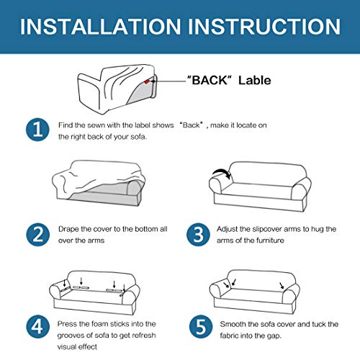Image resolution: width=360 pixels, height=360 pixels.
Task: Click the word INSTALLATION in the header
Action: pos(100,27)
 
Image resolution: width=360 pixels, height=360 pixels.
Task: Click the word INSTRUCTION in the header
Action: pos(264,27)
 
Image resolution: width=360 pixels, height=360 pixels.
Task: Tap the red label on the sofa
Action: pos(147,81)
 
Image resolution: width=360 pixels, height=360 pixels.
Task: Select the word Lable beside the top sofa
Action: pos(254,80)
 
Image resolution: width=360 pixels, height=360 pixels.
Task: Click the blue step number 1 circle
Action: pos(37,130)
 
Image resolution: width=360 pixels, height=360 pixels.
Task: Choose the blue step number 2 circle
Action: pos(37,235)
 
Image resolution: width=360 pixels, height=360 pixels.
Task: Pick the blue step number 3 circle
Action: pos(198,235)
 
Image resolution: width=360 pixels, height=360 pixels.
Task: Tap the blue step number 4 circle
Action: pos(37,326)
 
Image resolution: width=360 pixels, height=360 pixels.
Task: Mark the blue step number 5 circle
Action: pos(201,326)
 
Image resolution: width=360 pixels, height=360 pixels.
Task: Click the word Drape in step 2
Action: pos(68,230)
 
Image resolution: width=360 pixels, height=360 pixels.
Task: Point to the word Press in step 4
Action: pos(67,324)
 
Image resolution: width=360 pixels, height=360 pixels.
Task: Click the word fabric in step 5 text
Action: pos(229,336)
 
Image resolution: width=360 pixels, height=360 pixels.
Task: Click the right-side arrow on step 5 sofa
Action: pos(282,286)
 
